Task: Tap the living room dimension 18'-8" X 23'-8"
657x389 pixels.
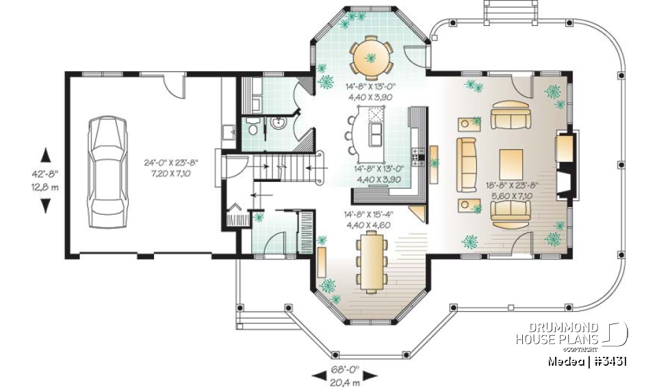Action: pos(513,185)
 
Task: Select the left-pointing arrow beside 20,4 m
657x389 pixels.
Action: pos(318,375)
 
